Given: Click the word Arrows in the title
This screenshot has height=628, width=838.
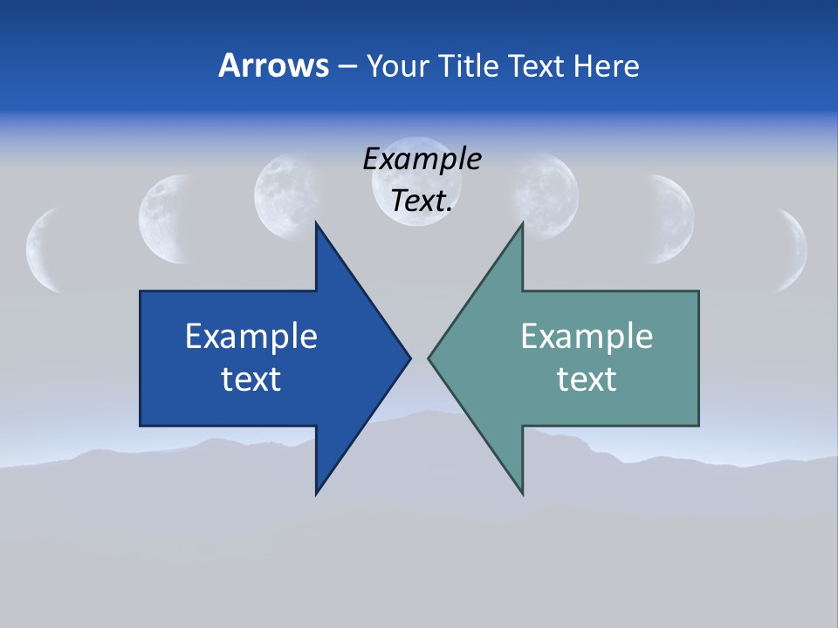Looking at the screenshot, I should click(x=273, y=65).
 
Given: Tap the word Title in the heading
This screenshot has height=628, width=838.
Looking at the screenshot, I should click(x=473, y=65).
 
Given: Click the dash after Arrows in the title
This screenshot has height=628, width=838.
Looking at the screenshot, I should click(x=346, y=66).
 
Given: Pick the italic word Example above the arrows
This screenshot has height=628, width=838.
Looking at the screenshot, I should click(x=422, y=160).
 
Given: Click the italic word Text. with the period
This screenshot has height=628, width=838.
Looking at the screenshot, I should click(x=422, y=201).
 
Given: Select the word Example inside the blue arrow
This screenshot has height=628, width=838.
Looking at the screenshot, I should click(x=251, y=336).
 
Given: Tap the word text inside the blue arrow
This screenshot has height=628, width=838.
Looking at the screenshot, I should click(x=251, y=379).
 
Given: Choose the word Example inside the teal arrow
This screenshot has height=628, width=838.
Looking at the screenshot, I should click(x=587, y=336).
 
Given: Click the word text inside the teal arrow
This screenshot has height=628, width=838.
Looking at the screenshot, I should click(x=587, y=379).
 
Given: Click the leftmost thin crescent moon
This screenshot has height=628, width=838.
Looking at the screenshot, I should click(x=42, y=250).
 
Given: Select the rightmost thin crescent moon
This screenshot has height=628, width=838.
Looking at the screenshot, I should click(x=797, y=250).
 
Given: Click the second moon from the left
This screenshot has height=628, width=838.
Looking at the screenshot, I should click(x=166, y=218).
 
